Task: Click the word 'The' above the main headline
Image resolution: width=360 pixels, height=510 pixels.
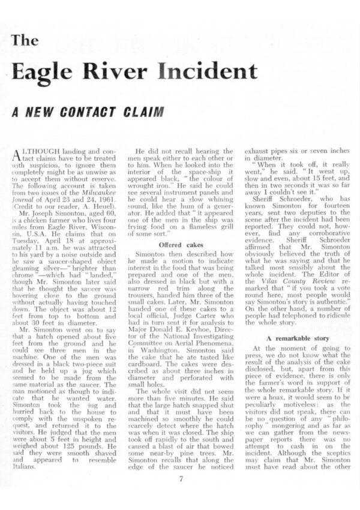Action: coord(25,41)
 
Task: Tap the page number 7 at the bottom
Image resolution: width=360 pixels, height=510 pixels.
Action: coord(181,478)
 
